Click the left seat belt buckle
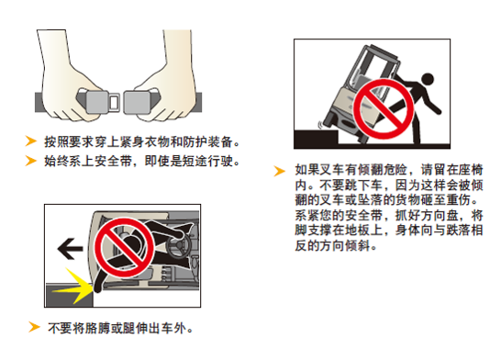(98, 102)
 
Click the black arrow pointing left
(70, 249)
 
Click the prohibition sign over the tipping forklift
(384, 108)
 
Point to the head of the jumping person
(428, 79)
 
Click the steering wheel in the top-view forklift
(179, 245)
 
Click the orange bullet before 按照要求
(31, 141)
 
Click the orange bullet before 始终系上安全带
(31, 161)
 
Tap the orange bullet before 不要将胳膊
(34, 327)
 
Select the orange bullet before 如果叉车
(280, 171)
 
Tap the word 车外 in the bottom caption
(173, 328)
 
